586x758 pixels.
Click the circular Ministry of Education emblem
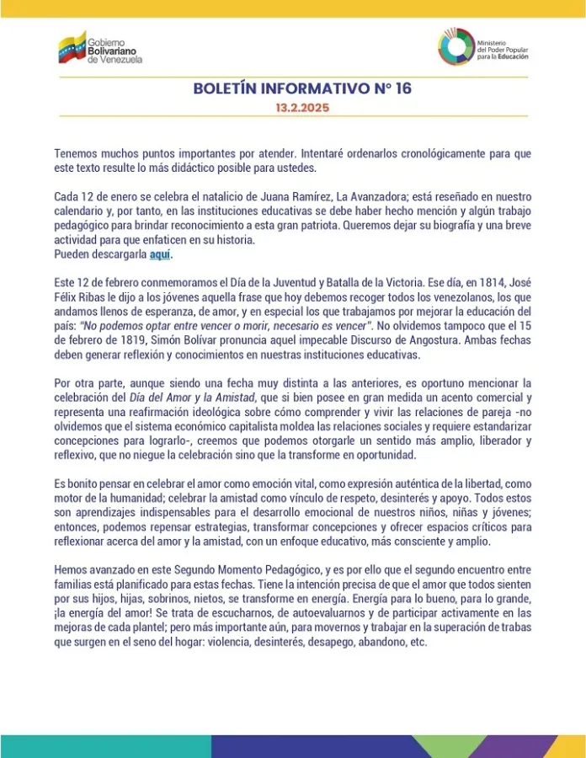(x=455, y=45)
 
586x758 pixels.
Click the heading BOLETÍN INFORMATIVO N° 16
(x=302, y=89)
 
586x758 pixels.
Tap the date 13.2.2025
(x=302, y=108)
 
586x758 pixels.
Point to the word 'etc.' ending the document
(x=418, y=641)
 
